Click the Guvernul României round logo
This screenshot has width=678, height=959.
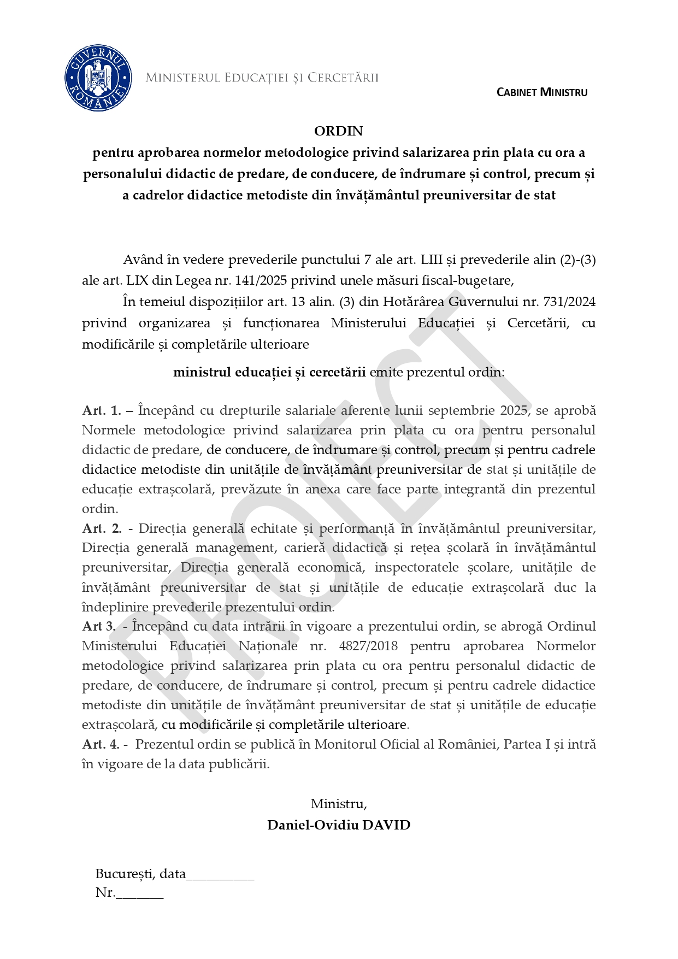point(98,78)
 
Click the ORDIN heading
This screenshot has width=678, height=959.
point(338,131)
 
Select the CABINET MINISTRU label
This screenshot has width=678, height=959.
point(541,92)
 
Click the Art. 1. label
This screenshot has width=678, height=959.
point(102,411)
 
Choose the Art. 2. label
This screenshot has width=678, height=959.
point(102,528)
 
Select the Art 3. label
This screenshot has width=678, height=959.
point(99,626)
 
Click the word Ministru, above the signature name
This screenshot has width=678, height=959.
point(339,804)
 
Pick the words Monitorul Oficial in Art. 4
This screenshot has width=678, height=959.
point(367,744)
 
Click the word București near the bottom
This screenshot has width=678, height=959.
point(125,874)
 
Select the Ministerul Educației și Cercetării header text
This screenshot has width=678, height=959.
point(262,78)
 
